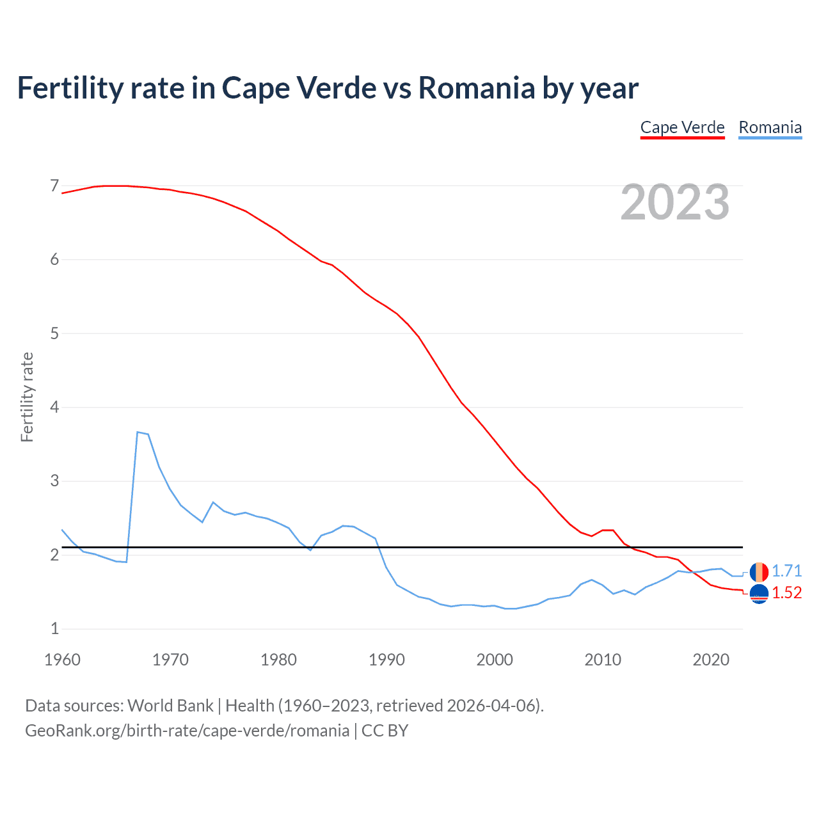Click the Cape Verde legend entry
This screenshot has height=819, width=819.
(682, 127)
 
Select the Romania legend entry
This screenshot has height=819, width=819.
(770, 127)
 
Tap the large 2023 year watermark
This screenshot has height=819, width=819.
(674, 202)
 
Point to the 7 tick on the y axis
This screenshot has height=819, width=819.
(54, 186)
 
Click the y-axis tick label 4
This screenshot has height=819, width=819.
(54, 408)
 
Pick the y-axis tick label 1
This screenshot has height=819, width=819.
(54, 629)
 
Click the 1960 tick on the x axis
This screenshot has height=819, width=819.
(62, 660)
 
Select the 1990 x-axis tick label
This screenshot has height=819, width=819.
(386, 660)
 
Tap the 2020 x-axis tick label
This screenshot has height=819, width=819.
(711, 660)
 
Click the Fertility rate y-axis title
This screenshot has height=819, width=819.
(27, 397)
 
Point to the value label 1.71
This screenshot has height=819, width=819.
(786, 571)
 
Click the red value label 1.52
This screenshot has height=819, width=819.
(786, 593)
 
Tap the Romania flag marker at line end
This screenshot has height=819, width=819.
(759, 571)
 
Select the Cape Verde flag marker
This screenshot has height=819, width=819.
(759, 594)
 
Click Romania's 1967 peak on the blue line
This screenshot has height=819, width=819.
(138, 433)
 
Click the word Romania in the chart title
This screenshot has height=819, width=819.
(476, 88)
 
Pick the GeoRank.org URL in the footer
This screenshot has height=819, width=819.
(187, 731)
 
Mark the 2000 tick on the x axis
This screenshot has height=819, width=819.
(495, 660)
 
